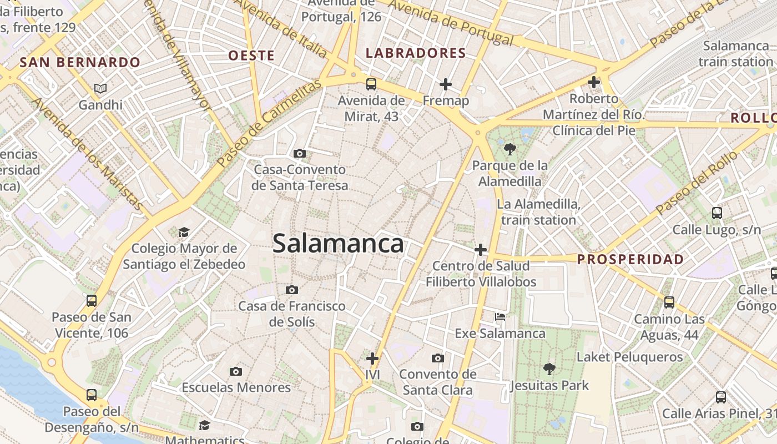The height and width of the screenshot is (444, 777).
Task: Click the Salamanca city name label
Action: [338, 244]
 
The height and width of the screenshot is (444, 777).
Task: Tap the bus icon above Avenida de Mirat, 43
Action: [371, 84]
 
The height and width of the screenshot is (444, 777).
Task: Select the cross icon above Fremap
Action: [446, 84]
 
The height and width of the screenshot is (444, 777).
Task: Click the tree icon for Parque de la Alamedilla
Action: [509, 149]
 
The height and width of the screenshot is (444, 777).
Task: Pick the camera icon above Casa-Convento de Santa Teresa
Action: [300, 153]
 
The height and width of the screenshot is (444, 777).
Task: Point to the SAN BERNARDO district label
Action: [80, 62]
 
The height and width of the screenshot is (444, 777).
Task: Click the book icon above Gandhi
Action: [100, 88]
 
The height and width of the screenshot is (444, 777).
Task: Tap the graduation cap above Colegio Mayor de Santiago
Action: [184, 232]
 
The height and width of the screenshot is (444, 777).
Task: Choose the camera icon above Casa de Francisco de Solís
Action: [291, 290]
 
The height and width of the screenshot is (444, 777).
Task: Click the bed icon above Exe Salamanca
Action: [500, 317]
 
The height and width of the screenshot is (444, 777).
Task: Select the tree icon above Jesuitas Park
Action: [549, 369]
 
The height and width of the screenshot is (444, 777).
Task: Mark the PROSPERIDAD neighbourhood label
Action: [630, 259]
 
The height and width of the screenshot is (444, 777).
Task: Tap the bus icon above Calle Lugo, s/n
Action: [717, 213]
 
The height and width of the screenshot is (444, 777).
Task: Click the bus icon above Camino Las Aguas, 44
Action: [669, 302]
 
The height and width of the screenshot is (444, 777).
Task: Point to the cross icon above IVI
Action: [372, 359]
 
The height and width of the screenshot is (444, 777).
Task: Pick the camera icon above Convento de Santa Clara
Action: [438, 358]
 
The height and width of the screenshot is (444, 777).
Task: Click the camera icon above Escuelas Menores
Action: [236, 371]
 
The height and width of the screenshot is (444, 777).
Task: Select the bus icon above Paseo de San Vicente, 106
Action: [92, 301]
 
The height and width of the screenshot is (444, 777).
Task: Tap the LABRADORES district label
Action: [416, 53]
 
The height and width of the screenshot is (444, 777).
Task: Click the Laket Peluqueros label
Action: [630, 357]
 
